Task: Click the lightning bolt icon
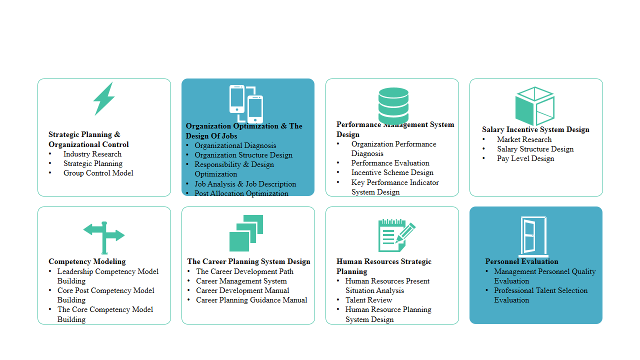[x=104, y=98]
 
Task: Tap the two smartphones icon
[x=246, y=103]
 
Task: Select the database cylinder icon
[x=393, y=105]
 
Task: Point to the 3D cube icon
[x=534, y=106]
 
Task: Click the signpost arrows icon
[x=104, y=237]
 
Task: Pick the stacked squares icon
[x=246, y=233]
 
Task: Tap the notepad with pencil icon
[x=396, y=235]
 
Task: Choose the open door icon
[x=533, y=236]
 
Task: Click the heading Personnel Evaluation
[x=521, y=261]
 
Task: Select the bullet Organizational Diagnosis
[x=235, y=145]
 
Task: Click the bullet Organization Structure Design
[x=243, y=155]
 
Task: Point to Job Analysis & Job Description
[x=245, y=184]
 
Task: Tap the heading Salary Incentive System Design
[x=535, y=129]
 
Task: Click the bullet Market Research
[x=524, y=139]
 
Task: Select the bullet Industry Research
[x=92, y=154]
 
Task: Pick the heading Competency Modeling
[x=87, y=261]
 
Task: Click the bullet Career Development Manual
[x=242, y=290]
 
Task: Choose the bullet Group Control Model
[x=98, y=173]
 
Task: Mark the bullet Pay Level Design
[x=525, y=158]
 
